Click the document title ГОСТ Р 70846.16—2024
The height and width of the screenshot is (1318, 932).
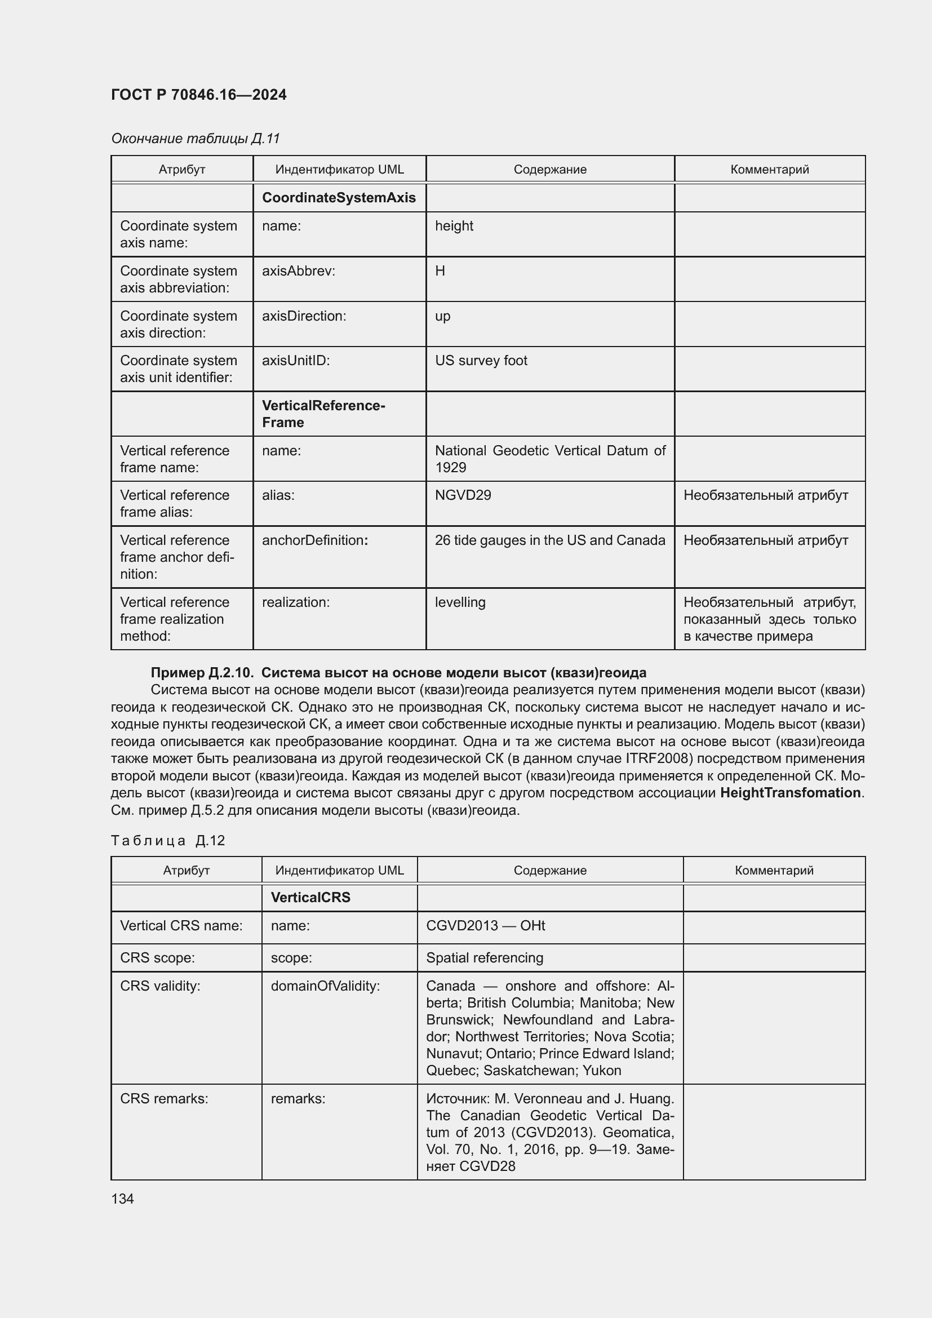[198, 95]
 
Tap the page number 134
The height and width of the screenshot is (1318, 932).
[122, 1199]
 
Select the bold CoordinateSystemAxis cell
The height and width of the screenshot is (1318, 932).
[339, 197]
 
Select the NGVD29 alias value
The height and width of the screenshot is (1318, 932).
[463, 495]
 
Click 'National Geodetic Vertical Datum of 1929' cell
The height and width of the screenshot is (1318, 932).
[549, 459]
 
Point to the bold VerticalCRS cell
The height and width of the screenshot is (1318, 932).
[310, 897]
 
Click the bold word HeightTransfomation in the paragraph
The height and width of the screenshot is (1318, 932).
[791, 793]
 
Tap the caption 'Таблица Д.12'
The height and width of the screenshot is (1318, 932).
[167, 840]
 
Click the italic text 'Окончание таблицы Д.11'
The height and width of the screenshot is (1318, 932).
[195, 139]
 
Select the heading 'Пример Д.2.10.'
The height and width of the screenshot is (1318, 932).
[201, 672]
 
